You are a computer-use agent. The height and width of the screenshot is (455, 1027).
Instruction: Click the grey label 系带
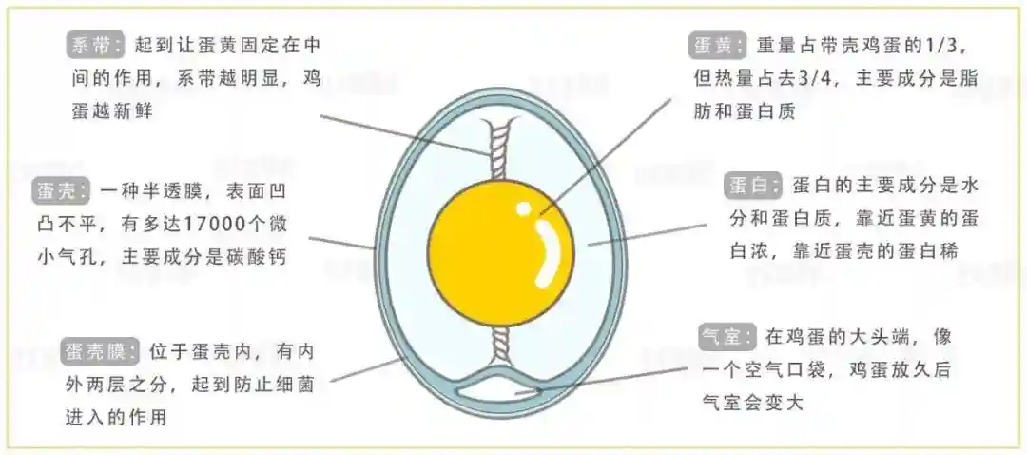(x=95, y=46)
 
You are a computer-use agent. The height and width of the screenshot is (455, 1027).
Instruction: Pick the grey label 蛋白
(x=754, y=186)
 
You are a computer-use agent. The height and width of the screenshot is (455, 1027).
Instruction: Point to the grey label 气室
(x=727, y=337)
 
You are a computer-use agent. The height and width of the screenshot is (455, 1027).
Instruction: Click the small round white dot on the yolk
(x=523, y=209)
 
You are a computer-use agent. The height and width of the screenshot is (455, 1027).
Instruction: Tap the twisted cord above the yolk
(x=501, y=149)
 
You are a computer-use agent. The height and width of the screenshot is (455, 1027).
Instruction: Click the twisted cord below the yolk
(x=501, y=344)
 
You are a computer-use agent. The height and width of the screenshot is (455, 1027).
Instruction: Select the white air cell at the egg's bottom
(x=499, y=390)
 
